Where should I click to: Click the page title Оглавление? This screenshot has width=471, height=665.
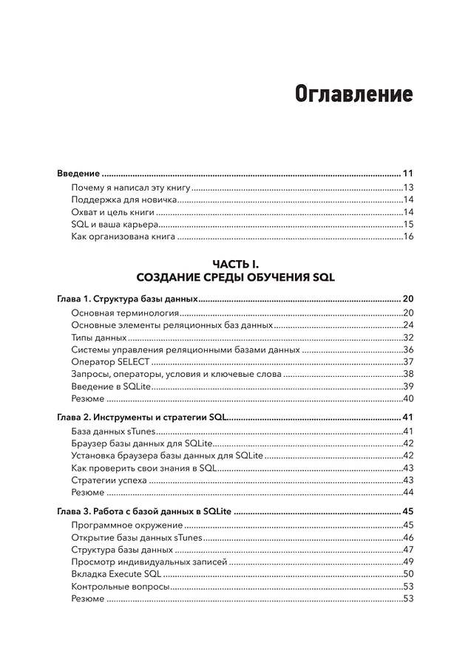[353, 96]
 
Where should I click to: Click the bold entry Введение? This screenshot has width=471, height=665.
[78, 174]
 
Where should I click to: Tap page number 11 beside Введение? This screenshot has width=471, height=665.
[407, 174]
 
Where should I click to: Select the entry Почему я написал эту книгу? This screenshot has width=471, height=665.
[131, 188]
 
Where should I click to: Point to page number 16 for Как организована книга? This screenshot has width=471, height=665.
[408, 236]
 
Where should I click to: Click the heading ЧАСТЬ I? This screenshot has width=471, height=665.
[236, 265]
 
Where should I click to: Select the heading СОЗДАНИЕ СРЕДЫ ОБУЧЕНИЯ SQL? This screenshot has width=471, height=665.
[236, 278]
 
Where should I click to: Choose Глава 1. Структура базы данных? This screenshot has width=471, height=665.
[127, 299]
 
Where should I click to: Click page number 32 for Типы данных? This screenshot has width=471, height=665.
[408, 337]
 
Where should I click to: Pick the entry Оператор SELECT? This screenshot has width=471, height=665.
[111, 361]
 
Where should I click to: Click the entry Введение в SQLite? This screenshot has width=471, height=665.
[112, 386]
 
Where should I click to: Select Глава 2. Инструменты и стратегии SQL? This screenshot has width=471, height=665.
[141, 417]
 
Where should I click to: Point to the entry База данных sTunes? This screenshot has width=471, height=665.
[114, 431]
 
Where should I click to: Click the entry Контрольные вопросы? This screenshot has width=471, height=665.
[121, 587]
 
